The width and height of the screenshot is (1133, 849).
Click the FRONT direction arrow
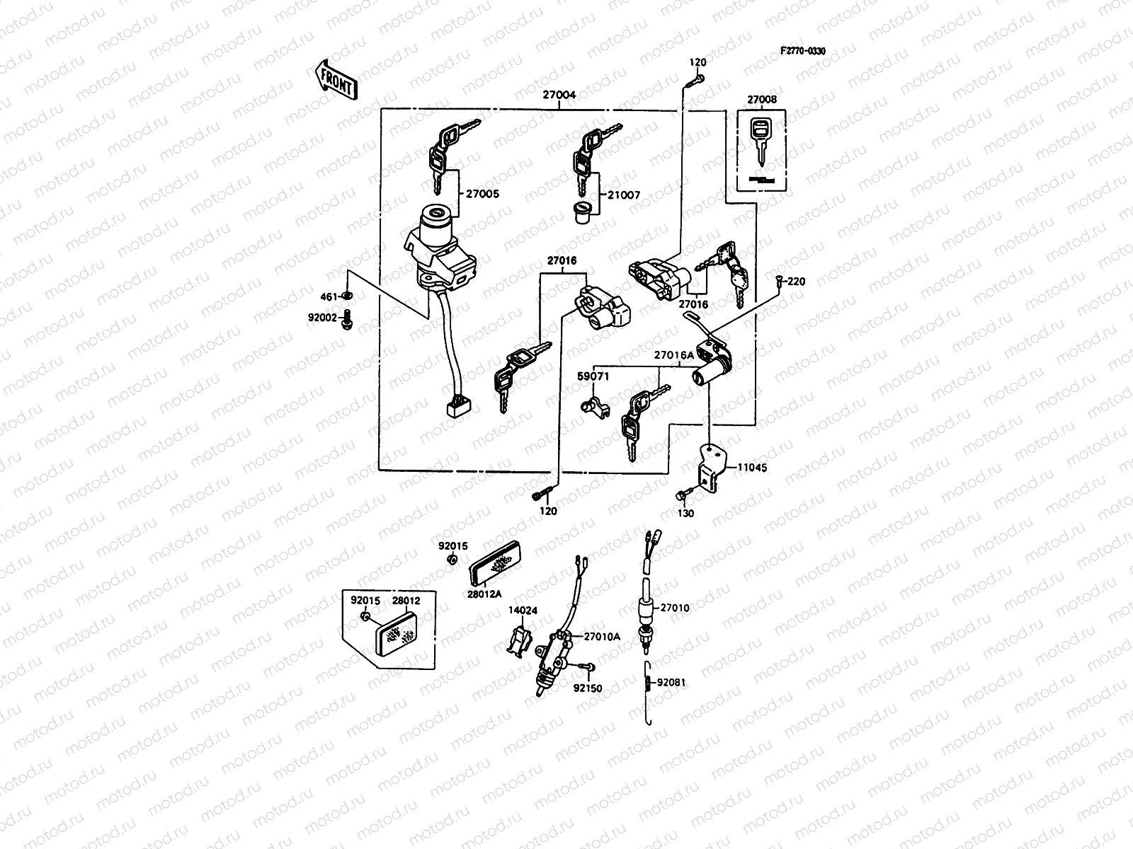(x=335, y=79)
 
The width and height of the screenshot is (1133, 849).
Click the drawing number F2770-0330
(x=803, y=52)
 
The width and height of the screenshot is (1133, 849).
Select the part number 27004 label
(x=559, y=94)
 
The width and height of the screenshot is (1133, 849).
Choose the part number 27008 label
(x=762, y=100)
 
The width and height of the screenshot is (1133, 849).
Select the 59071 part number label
(x=593, y=377)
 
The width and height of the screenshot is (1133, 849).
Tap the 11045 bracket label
(x=751, y=468)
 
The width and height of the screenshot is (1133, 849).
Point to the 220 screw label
(x=796, y=282)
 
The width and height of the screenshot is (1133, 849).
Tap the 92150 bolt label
(x=588, y=688)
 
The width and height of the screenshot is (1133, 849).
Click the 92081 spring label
(x=671, y=683)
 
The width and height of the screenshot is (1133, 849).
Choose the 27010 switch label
(x=674, y=608)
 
